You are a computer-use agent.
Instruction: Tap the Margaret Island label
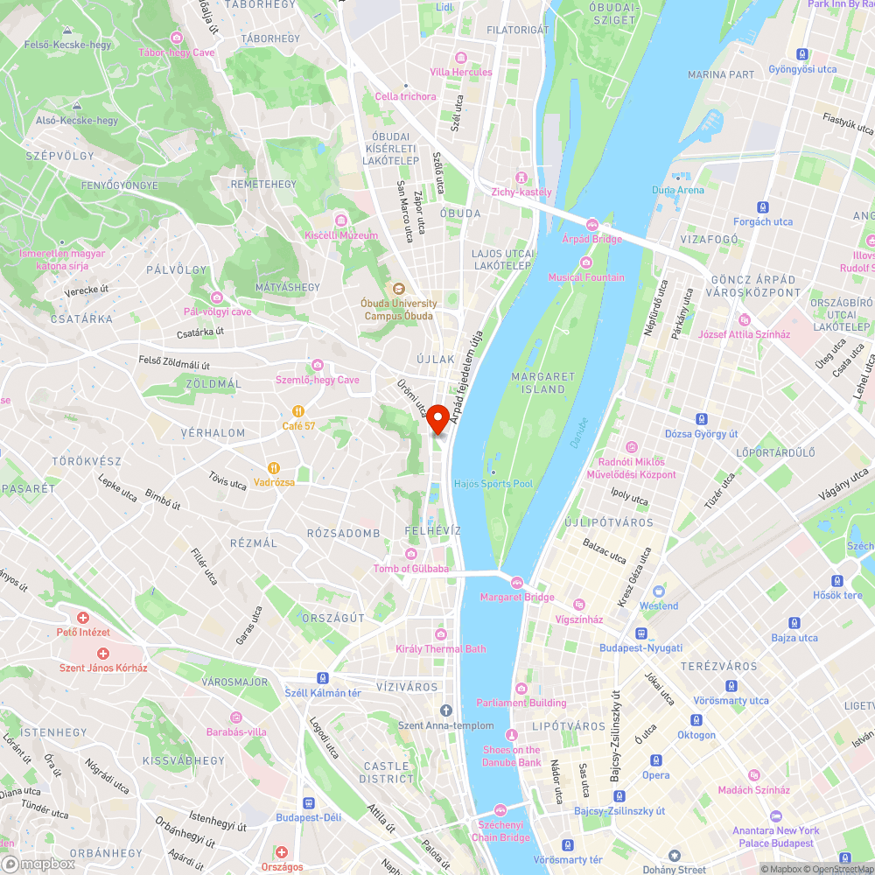(543, 382)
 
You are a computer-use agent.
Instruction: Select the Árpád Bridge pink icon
(591, 225)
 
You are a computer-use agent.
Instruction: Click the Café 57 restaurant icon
(298, 411)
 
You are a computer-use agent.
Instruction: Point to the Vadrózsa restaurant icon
(274, 468)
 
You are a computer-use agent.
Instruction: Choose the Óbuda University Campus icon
(398, 287)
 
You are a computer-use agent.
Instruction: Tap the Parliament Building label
(521, 703)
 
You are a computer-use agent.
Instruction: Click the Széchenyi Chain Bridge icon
(500, 810)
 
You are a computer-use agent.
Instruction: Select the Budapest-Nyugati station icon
(641, 633)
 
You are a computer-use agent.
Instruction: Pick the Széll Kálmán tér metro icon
(323, 678)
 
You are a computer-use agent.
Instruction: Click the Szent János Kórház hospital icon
(103, 654)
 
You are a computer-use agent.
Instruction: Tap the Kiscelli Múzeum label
(341, 235)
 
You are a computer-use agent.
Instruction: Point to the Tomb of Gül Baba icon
(410, 554)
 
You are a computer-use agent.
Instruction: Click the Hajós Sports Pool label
(493, 483)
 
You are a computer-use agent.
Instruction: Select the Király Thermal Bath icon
(441, 634)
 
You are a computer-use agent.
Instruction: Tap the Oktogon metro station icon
(696, 720)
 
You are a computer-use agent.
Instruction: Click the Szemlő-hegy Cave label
(317, 380)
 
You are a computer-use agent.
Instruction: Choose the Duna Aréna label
(677, 190)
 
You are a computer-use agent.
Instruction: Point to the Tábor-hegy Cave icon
(177, 38)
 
